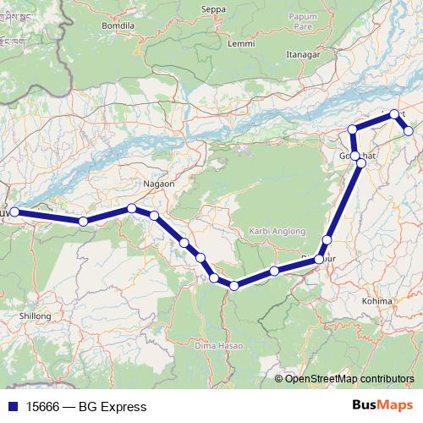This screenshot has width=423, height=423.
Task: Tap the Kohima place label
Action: point(377,300)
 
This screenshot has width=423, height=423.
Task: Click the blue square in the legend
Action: point(13,407)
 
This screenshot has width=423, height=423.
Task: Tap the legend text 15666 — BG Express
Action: point(80,407)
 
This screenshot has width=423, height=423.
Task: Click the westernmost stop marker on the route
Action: point(14,212)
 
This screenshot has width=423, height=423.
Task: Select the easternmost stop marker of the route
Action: point(409,131)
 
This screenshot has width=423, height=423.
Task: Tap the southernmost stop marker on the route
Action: point(233,286)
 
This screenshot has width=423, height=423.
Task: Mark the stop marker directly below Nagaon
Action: point(133,208)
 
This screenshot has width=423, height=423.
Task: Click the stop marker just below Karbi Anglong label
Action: point(275,271)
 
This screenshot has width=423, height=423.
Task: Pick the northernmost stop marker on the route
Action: point(394,113)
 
